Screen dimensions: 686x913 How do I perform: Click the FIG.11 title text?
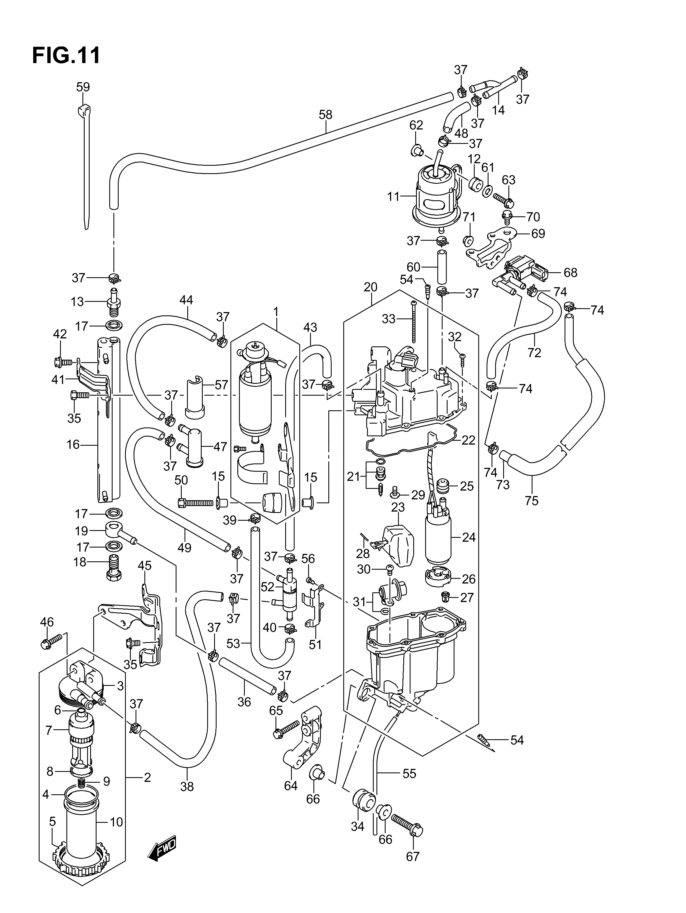click(66, 55)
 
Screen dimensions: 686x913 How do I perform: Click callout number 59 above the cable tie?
click(83, 87)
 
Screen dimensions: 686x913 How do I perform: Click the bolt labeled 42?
click(63, 362)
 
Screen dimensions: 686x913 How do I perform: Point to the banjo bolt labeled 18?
click(113, 569)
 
